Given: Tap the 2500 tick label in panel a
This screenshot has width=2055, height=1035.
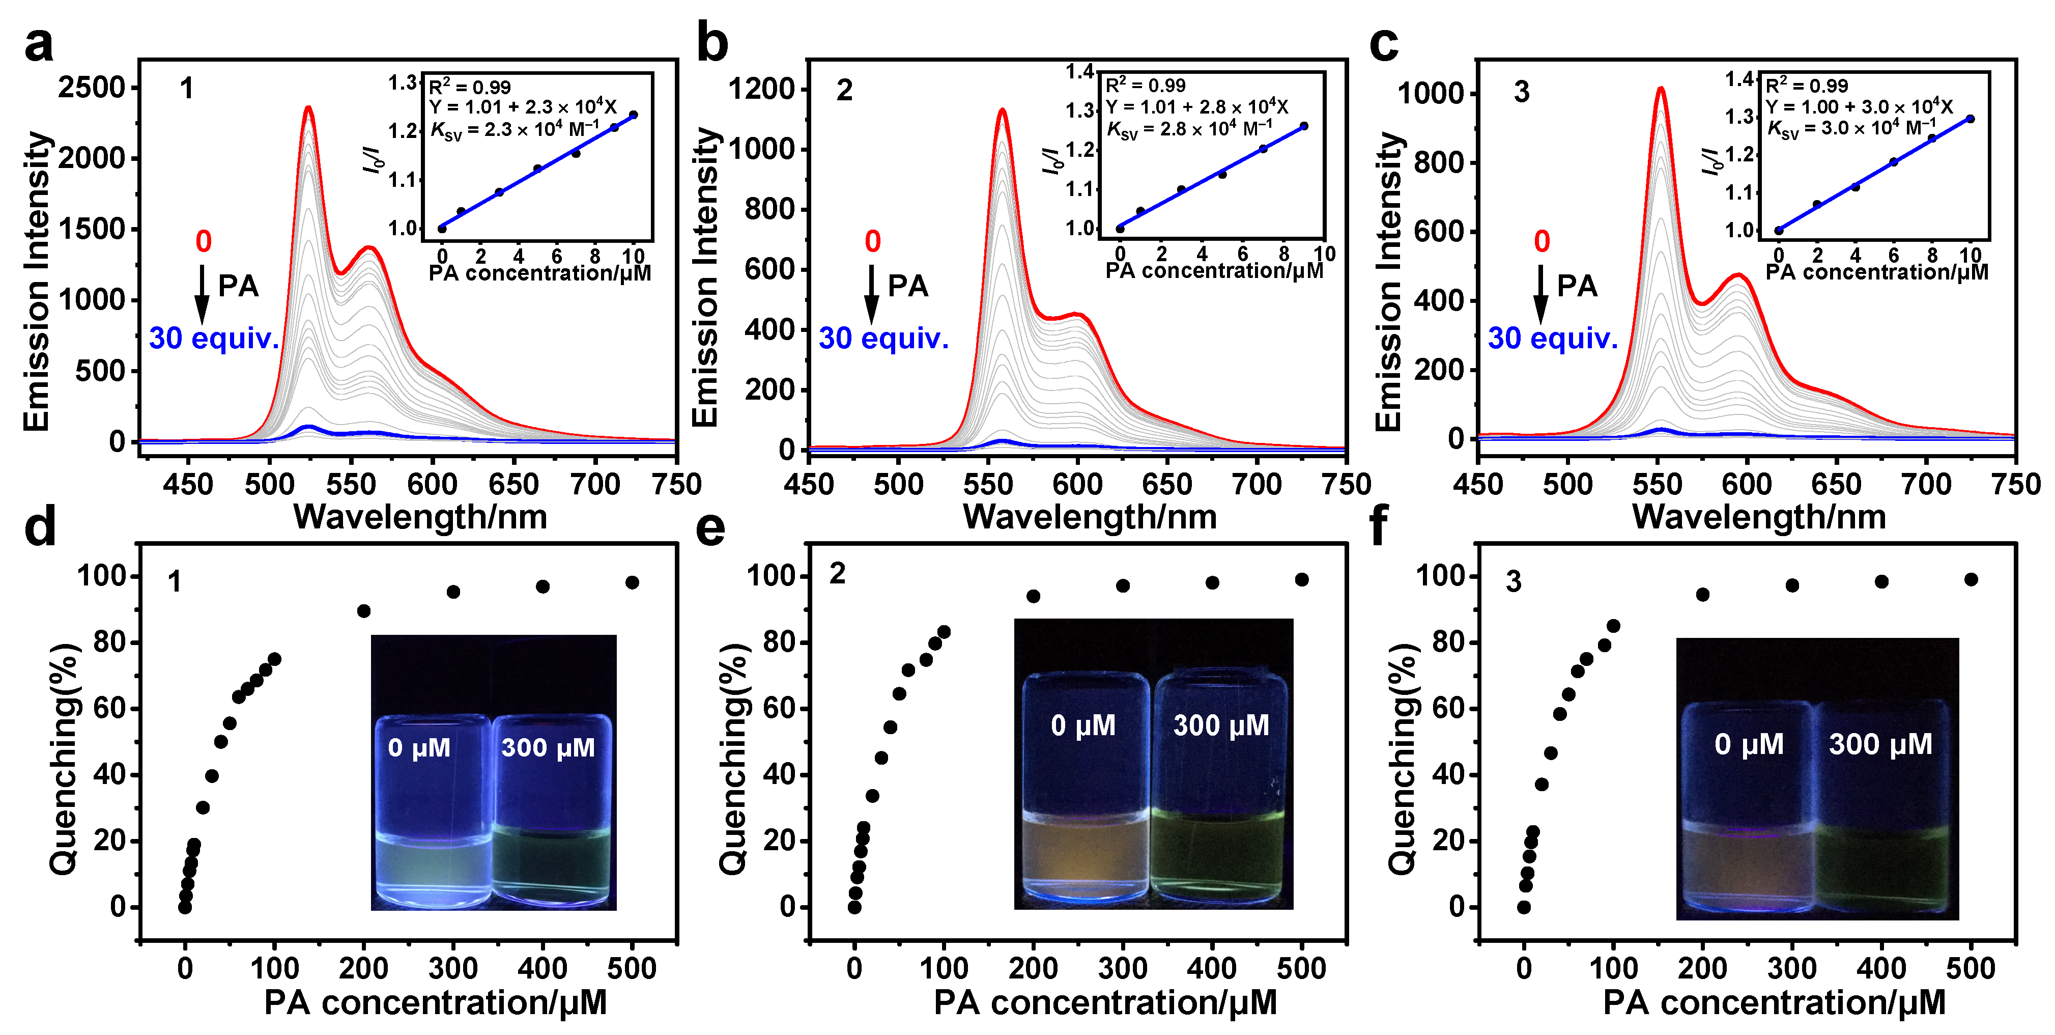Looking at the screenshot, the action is click(92, 87).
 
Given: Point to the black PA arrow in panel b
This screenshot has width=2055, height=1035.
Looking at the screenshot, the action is click(872, 294).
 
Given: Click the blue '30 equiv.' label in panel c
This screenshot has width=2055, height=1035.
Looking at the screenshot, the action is click(1552, 339).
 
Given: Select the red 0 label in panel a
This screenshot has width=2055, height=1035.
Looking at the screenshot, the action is click(204, 241).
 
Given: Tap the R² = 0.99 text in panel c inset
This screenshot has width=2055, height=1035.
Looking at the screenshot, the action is click(1806, 86).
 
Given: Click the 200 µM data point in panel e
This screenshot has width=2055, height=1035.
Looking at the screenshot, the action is click(1033, 596).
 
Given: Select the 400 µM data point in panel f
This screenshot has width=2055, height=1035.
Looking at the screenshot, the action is click(1881, 582).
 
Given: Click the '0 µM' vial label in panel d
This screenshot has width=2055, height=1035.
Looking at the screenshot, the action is click(419, 748).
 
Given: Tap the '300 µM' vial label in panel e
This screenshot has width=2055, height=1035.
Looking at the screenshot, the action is click(1220, 725).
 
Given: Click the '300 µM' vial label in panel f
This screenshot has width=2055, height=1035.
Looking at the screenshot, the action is click(1880, 744).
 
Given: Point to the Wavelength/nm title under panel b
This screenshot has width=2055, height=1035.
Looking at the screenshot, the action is click(1090, 517).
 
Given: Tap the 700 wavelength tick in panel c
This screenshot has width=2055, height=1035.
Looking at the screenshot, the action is click(1927, 484).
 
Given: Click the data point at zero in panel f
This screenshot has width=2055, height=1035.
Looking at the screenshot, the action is click(1524, 907).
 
